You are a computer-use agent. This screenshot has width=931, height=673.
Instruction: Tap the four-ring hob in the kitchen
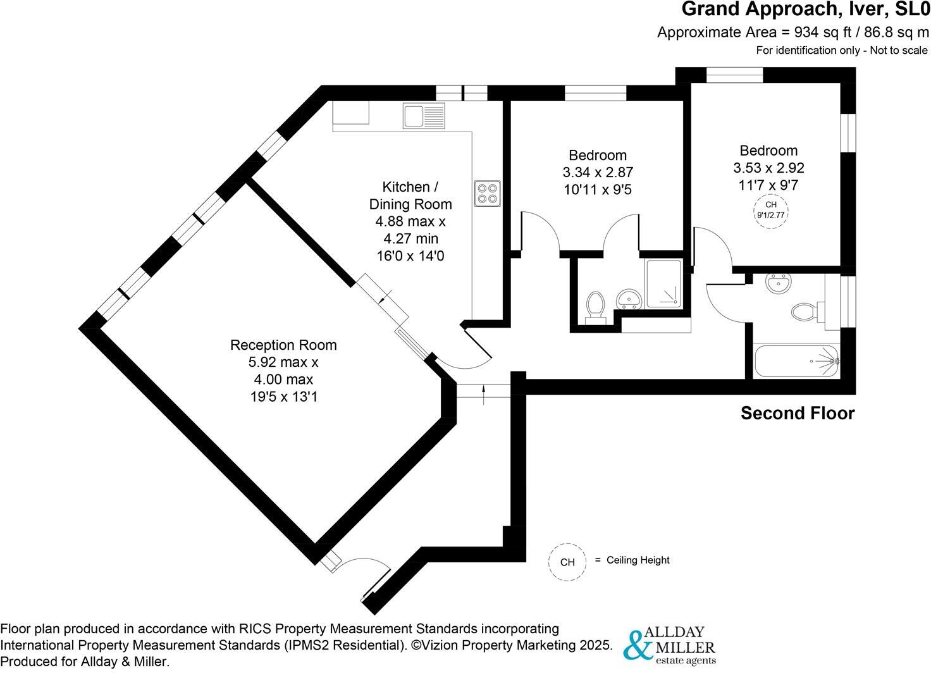pos(488,193)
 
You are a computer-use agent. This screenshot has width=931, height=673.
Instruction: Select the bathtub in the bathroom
pos(796,361)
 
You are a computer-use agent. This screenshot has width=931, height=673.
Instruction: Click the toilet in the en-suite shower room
pos(595,307)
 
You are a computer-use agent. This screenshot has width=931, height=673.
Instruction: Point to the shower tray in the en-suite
pos(663,284)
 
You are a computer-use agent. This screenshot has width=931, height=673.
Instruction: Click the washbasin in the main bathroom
pos(776,282)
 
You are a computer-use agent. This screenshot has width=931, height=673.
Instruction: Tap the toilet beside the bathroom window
pos(806,311)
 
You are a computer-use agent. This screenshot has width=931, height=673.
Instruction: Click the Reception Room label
pos(283,345)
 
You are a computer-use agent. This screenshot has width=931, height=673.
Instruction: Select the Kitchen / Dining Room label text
pos(410,195)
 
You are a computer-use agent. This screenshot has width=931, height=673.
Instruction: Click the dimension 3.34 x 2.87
pos(598,172)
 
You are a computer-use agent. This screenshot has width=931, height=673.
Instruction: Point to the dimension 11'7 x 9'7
pos(768,185)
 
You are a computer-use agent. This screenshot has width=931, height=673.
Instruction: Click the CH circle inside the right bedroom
pos(770,210)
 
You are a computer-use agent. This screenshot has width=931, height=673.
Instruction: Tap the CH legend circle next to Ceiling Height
pos(567,562)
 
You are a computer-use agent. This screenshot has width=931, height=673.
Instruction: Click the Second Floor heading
pos(798,414)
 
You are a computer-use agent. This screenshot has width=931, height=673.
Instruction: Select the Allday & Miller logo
pos(669,646)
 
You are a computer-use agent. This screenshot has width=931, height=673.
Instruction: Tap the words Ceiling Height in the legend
pos(638,560)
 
